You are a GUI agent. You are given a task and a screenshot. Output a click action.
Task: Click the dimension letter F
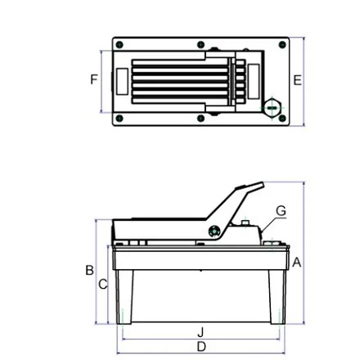94,79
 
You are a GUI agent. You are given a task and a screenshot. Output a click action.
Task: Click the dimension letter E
297,80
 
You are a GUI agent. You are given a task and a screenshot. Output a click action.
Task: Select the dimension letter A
296,263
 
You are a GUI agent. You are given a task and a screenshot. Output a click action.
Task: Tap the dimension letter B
90,270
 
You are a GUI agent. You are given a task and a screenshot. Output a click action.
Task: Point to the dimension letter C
103,285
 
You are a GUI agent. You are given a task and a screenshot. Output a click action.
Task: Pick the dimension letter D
201,347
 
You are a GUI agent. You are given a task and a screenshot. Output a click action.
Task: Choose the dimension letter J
201,332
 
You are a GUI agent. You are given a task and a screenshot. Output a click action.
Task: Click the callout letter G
281,211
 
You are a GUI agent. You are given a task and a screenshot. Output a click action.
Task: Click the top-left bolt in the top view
119,45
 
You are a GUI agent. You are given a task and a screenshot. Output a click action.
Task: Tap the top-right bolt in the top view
282,45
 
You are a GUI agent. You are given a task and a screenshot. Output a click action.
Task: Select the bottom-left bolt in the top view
119,119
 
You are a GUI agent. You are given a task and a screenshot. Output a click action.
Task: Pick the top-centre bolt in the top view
201,45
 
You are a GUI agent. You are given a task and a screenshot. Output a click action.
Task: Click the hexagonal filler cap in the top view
272,108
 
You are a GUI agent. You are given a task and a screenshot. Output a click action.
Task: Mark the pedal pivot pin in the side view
214,232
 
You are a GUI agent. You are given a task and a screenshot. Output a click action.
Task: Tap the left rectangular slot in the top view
122,82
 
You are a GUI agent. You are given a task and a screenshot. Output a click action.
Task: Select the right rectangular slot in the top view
254,82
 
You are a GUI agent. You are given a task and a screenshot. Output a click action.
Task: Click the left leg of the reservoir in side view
124,297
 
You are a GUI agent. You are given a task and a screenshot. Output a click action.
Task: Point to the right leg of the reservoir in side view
277,297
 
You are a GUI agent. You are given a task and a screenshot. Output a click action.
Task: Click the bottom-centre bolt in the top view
201,119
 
